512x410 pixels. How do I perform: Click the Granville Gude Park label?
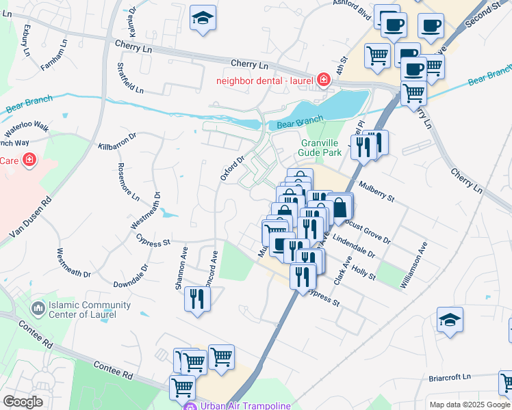[321, 148]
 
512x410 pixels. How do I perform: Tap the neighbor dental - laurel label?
[264, 81]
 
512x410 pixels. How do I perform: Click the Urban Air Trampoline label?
[245, 405]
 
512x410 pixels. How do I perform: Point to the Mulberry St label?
[376, 191]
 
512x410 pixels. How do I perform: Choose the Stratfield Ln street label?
[130, 79]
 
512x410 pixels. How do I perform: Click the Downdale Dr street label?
[130, 278]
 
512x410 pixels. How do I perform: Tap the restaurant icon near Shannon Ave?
[197, 298]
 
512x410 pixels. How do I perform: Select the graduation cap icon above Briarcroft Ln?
[450, 320]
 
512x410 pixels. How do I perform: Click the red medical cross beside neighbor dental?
[322, 81]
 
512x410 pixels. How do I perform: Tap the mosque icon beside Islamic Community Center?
[37, 310]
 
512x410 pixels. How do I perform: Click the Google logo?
[23, 401]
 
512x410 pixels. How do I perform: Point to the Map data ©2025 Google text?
[468, 405]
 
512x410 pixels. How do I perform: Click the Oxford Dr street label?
[232, 168]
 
